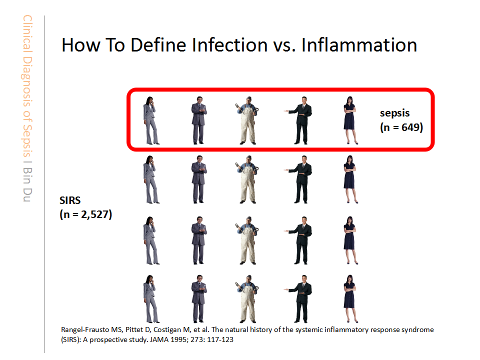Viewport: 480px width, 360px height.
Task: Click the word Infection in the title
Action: (x=230, y=45)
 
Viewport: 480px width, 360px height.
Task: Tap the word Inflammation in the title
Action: (x=359, y=45)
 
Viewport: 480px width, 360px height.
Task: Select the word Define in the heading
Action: (x=158, y=45)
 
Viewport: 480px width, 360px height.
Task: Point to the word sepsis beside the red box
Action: (x=394, y=113)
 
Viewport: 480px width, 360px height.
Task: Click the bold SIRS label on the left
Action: (x=70, y=200)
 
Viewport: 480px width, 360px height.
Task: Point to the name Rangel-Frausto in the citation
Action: (x=85, y=329)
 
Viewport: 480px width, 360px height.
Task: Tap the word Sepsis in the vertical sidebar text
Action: (x=27, y=140)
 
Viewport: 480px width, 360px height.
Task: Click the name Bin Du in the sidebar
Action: (x=27, y=184)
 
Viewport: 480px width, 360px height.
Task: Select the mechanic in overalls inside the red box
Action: (x=247, y=120)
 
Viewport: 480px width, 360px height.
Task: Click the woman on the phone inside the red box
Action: (x=150, y=120)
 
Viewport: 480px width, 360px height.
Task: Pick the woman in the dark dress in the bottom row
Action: (x=350, y=299)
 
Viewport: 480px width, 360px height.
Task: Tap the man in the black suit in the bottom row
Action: (x=299, y=299)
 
